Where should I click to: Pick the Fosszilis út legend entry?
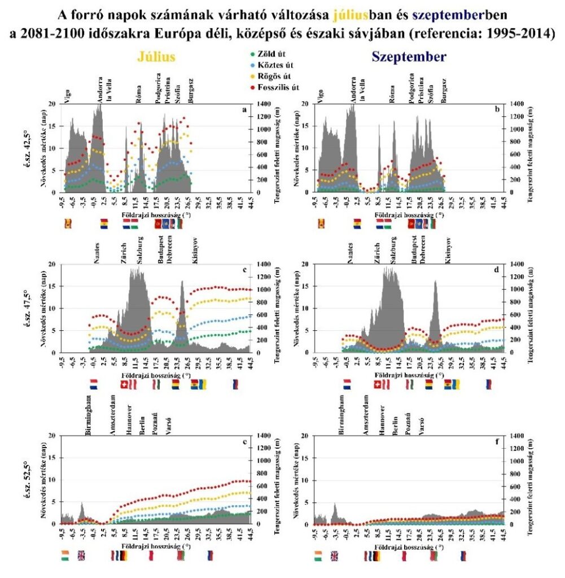(x=279, y=87)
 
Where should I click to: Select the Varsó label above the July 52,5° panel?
(x=168, y=428)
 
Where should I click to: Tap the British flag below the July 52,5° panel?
(x=81, y=555)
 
